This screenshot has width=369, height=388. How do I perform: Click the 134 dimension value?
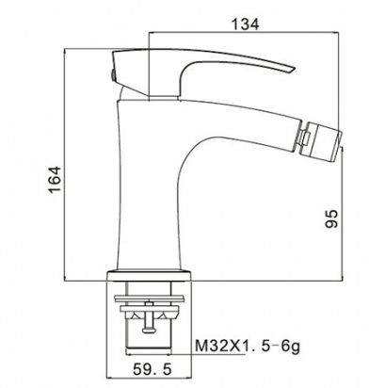(x=245, y=24)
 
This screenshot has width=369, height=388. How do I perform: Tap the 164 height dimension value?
(x=55, y=180)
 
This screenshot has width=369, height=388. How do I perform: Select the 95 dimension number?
(x=331, y=218)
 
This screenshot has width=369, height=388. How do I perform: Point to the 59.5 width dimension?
(x=152, y=369)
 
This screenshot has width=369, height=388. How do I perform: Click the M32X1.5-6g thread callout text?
(x=248, y=347)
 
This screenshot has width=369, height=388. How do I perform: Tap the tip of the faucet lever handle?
(x=295, y=68)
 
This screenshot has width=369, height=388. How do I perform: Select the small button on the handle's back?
(x=111, y=75)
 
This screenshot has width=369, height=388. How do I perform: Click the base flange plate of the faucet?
(x=149, y=275)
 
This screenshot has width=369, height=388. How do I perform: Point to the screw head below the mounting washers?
(x=149, y=330)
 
